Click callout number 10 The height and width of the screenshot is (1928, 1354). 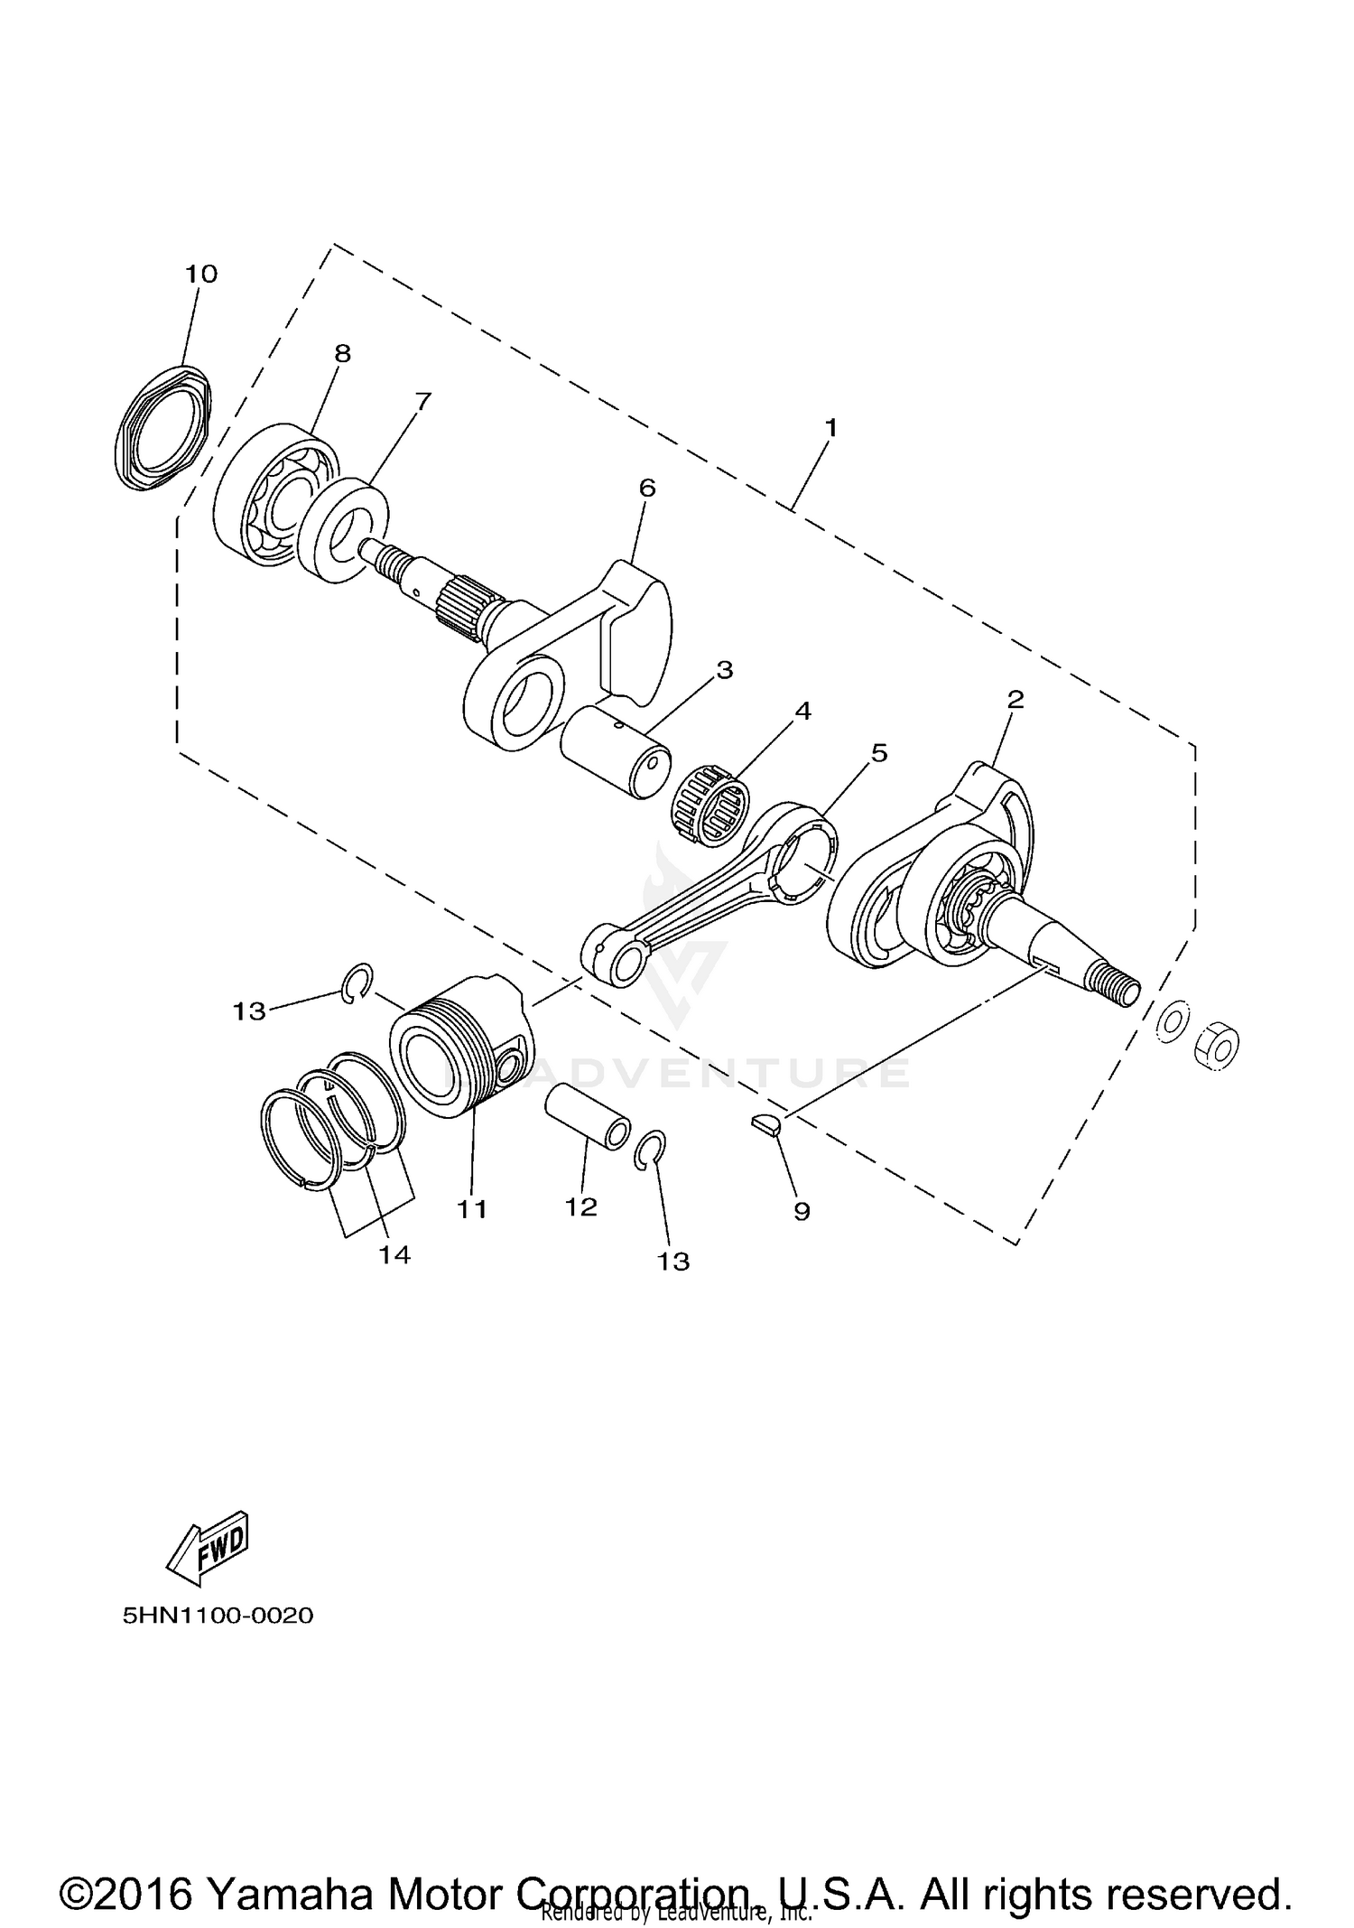(x=201, y=274)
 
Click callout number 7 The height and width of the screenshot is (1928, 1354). (x=422, y=400)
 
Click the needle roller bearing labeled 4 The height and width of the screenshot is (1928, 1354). (x=713, y=793)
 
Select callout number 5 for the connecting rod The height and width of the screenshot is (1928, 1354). (x=878, y=752)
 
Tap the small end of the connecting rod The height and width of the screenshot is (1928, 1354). (x=617, y=959)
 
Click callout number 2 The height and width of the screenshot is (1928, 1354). (x=1015, y=698)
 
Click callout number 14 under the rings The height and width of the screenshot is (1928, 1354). (x=394, y=1254)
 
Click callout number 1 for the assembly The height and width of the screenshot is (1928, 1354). (x=830, y=427)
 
